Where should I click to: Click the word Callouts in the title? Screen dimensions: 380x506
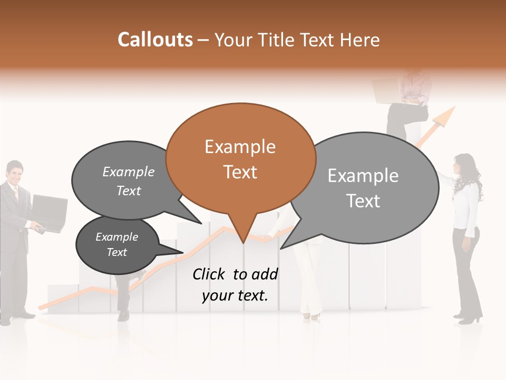click(x=155, y=40)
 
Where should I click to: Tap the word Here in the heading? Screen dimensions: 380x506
click(x=359, y=40)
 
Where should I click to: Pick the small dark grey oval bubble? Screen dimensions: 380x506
click(x=117, y=245)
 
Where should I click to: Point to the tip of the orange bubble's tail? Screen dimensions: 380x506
click(x=242, y=243)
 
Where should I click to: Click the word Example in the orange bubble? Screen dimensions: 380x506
click(x=240, y=147)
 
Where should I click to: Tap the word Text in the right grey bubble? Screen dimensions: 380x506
click(x=363, y=201)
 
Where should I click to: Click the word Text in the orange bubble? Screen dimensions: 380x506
click(x=240, y=172)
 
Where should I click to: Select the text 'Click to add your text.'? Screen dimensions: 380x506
click(x=235, y=285)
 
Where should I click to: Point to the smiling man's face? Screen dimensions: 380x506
click(x=15, y=174)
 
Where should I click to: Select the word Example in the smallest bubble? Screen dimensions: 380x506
click(x=116, y=237)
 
